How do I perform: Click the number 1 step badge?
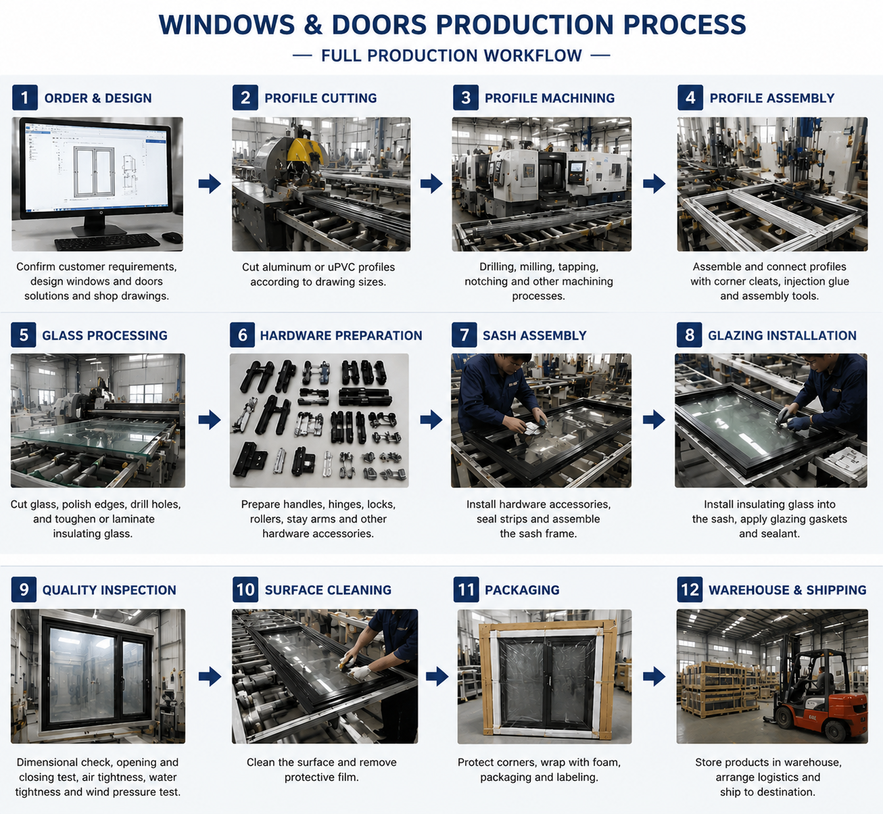(24, 97)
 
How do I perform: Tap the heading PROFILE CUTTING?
(320, 98)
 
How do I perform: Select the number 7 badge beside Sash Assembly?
(464, 335)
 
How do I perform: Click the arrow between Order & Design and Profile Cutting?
(210, 184)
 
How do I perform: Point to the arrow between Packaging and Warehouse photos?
(654, 677)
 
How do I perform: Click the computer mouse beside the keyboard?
(172, 237)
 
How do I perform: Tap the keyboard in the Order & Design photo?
(107, 242)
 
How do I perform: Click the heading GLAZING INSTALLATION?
(782, 335)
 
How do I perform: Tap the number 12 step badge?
(690, 590)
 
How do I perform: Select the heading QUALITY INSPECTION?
(110, 590)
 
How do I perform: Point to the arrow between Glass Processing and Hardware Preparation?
(210, 420)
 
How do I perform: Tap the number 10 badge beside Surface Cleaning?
(245, 590)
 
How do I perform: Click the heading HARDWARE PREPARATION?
(341, 335)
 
